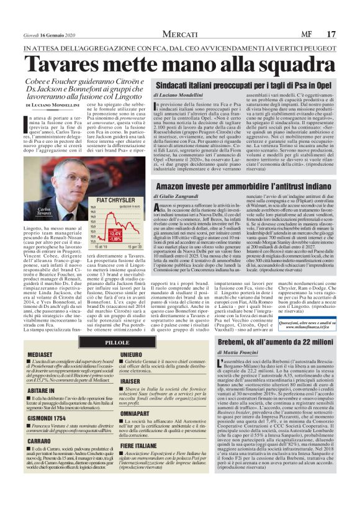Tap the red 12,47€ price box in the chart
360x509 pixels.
pos(99,235)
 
